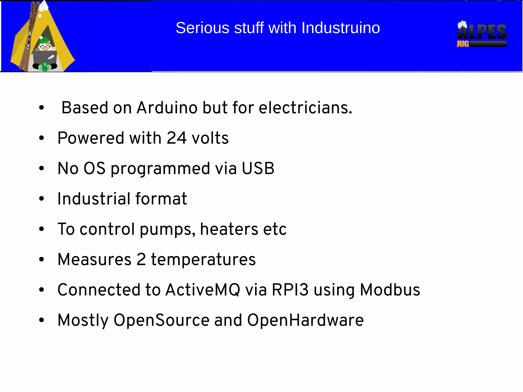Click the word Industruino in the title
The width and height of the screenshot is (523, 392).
(x=341, y=28)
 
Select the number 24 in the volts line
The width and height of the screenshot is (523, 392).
(x=176, y=138)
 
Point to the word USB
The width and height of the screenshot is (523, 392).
(x=258, y=168)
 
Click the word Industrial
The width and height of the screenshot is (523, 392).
(x=93, y=199)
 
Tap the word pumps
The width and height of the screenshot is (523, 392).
(x=167, y=229)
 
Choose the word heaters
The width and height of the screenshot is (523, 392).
(x=229, y=229)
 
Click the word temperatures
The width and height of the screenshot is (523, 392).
(x=203, y=260)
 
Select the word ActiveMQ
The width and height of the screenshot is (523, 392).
(x=203, y=290)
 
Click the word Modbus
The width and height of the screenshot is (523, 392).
(x=390, y=290)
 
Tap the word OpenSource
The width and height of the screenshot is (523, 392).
(x=161, y=320)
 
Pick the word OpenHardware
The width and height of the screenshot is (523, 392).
(x=305, y=320)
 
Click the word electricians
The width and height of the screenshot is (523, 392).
(x=305, y=108)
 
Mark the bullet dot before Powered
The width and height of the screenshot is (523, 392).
(x=41, y=138)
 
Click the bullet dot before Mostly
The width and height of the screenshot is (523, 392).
(x=41, y=320)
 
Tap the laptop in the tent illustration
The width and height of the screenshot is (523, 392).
(x=44, y=57)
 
